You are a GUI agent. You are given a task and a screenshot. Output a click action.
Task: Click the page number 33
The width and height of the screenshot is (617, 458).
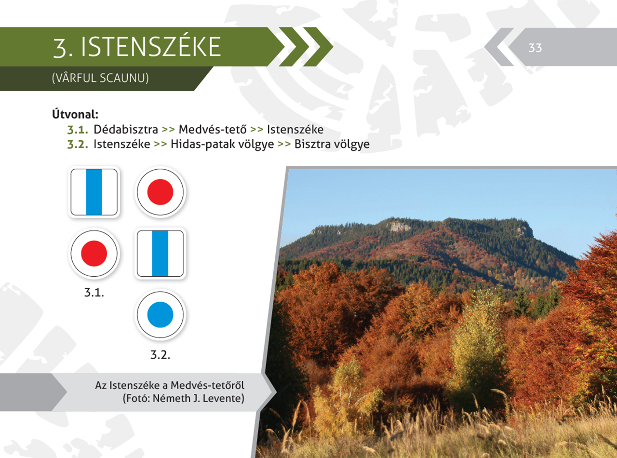[x=535, y=48]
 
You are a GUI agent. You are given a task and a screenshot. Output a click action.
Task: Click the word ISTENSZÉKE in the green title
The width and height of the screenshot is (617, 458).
[x=151, y=46]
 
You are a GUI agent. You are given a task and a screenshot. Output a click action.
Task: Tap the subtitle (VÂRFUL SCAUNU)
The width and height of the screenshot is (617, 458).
[x=100, y=78]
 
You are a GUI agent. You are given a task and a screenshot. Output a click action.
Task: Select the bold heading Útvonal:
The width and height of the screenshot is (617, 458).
[x=75, y=114]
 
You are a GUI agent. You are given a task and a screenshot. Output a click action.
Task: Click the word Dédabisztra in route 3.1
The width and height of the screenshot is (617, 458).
[x=126, y=129]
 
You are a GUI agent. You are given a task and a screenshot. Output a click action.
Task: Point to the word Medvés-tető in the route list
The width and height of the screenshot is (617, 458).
[x=213, y=129]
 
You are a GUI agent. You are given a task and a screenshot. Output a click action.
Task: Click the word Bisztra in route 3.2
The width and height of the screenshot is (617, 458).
[x=312, y=144]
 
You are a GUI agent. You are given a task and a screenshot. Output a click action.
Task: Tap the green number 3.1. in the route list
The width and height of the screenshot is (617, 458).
[x=78, y=130]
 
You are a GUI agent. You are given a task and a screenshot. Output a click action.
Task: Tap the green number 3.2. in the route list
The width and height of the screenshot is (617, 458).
[x=78, y=145]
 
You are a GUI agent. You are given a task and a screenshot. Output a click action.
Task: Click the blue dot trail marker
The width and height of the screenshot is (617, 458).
[x=160, y=315]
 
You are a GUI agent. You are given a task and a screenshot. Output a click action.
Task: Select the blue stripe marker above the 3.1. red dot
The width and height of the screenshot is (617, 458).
[x=94, y=192]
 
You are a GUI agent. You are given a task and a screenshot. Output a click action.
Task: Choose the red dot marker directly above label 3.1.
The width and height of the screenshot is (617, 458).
[x=94, y=254]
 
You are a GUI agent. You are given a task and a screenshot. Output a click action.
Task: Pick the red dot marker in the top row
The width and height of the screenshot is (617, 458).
[x=160, y=192]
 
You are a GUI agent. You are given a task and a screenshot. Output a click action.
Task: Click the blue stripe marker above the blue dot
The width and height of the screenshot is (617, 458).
[x=160, y=254]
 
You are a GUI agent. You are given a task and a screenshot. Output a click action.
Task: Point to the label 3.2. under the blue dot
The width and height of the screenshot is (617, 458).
[x=160, y=355]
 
